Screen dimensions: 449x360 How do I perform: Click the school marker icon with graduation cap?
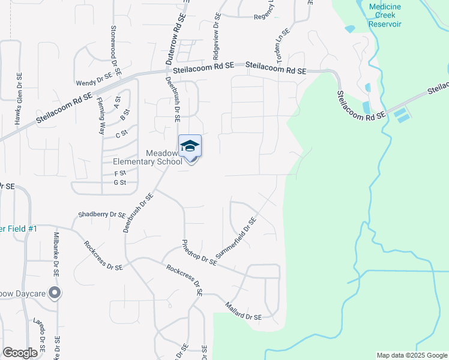tap(190, 146)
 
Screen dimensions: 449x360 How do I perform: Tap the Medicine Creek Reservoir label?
tap(385, 15)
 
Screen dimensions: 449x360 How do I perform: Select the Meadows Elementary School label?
tap(148, 157)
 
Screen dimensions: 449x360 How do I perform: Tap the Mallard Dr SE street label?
tap(243, 313)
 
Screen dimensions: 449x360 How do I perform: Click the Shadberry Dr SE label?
tap(101, 215)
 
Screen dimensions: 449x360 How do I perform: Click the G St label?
tap(120, 182)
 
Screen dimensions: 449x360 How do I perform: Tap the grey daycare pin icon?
tap(55, 293)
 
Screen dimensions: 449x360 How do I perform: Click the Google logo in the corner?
tap(20, 353)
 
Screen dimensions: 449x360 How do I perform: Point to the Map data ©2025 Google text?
tap(411, 355)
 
